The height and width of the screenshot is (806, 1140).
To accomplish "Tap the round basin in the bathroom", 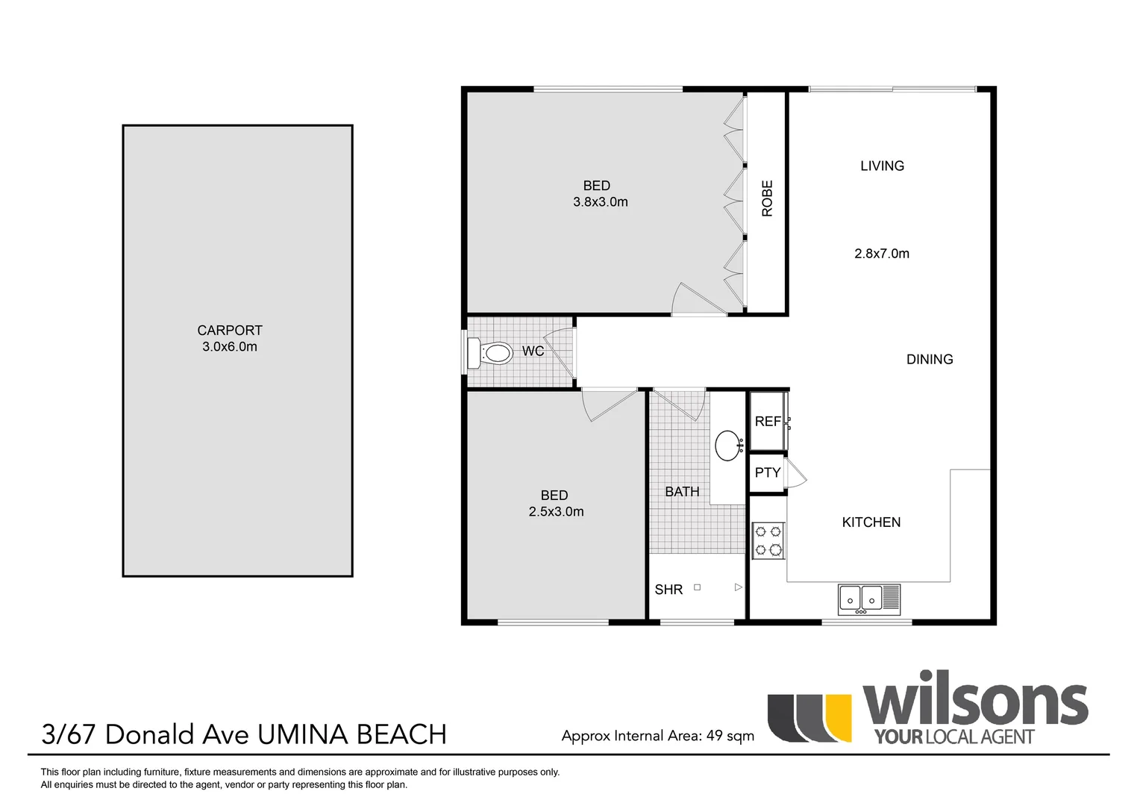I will coord(727,446).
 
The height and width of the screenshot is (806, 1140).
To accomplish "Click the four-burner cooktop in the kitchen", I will coord(768,541).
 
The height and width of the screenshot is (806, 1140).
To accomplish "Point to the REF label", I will coord(767,422).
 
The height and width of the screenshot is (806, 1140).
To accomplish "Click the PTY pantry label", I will coord(767,472).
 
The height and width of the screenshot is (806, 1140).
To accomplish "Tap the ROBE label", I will coord(767,199).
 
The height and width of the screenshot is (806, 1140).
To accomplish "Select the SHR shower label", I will coord(668,590).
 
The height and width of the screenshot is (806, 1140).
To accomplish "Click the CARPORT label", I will coord(230,330).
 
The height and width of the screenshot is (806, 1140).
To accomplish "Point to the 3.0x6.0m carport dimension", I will coord(230,347).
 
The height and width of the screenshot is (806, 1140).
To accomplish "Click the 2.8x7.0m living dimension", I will coord(882,254).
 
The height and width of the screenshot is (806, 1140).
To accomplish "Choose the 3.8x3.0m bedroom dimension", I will coord(601,202).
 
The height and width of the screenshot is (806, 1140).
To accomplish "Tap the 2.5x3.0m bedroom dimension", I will coord(556,512).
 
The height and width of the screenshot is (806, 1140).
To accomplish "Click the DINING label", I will coord(930,360).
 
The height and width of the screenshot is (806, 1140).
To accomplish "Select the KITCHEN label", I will coord(871,522).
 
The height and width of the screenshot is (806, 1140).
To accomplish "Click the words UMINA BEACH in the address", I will coord(351,734).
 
